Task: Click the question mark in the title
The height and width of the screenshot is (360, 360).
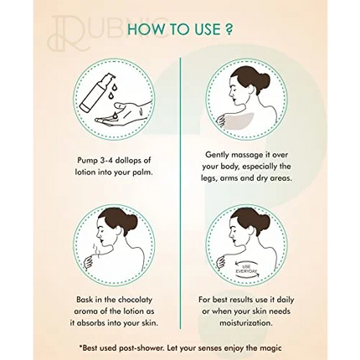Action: click(x=228, y=29)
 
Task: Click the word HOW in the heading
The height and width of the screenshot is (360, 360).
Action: click(x=144, y=29)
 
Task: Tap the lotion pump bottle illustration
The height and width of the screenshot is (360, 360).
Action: click(x=94, y=92)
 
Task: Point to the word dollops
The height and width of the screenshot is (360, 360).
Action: click(x=128, y=161)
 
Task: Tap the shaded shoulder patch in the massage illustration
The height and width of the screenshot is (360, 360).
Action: click(x=245, y=122)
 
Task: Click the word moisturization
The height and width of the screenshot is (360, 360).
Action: click(x=245, y=323)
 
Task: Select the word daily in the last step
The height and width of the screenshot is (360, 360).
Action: click(x=285, y=301)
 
